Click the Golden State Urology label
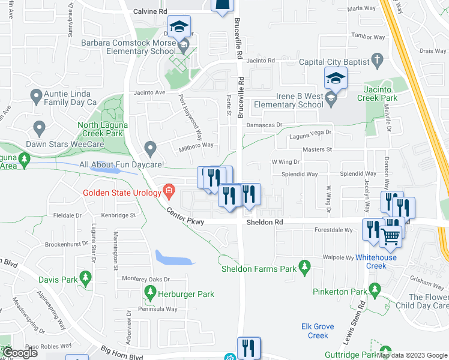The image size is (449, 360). [x=122, y=193]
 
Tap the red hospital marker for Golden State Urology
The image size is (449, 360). [x=169, y=192]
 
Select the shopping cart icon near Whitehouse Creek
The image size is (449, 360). [x=391, y=236]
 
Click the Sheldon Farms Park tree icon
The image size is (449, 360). [x=305, y=265]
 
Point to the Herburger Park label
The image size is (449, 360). [x=186, y=294]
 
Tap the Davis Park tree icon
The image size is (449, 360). [x=85, y=277]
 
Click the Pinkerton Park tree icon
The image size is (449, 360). [x=376, y=292]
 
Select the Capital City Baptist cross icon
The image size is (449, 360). [x=377, y=60]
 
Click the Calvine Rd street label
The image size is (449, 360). [x=150, y=11]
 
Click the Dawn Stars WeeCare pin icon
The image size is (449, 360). [x=40, y=128]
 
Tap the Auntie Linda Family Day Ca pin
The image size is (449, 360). [x=37, y=95]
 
